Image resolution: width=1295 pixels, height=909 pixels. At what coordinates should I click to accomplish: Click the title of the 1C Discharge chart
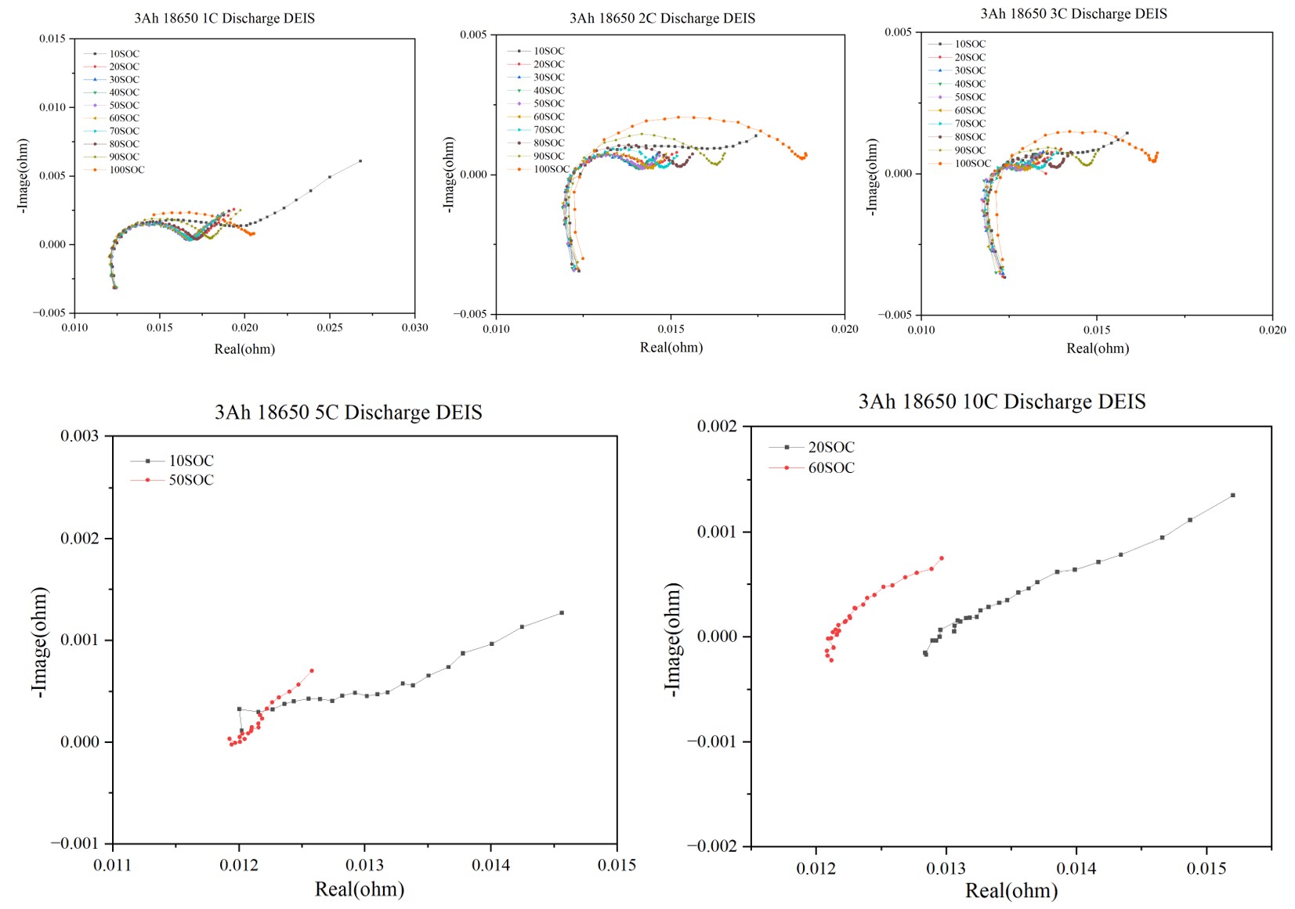pos(224,18)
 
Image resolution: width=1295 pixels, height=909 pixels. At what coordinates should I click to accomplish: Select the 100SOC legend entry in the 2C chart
pos(552,169)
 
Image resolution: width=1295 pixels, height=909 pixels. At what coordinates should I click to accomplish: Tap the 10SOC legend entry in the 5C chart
pos(191,461)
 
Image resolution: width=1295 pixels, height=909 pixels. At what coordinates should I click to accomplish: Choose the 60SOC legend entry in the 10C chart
pos(831,468)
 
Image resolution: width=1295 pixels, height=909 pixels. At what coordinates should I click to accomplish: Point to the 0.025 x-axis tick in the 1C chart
pos(330,327)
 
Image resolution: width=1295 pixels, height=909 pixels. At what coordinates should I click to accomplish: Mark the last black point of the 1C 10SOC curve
pos(360,161)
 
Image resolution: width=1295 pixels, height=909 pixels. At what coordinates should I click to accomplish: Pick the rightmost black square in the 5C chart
pos(562,613)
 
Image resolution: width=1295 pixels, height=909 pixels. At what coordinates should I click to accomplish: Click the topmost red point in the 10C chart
pos(942,558)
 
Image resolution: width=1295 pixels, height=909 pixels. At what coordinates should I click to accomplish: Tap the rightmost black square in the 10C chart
pos(1233,495)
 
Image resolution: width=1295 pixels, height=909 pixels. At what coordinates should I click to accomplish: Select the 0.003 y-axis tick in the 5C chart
pos(80,436)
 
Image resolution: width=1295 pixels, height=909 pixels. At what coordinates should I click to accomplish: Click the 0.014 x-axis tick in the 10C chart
pos(1076,868)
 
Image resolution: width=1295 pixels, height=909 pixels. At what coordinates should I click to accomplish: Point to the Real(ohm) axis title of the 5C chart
pos(360,889)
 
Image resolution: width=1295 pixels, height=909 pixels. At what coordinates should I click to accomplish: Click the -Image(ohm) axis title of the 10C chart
pos(673,639)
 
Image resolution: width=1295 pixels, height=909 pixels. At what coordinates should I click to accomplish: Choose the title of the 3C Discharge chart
pos(1073,14)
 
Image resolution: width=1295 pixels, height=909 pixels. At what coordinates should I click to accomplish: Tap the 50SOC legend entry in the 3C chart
pos(970,97)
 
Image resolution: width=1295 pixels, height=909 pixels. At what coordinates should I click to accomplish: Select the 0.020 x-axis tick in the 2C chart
pos(845,329)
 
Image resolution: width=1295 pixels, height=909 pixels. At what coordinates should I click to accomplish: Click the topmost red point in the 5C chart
pos(312,670)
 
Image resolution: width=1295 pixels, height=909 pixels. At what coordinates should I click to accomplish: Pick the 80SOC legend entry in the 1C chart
pos(124,144)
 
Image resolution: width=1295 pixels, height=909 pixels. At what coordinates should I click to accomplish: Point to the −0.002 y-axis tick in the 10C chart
pos(717,846)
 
